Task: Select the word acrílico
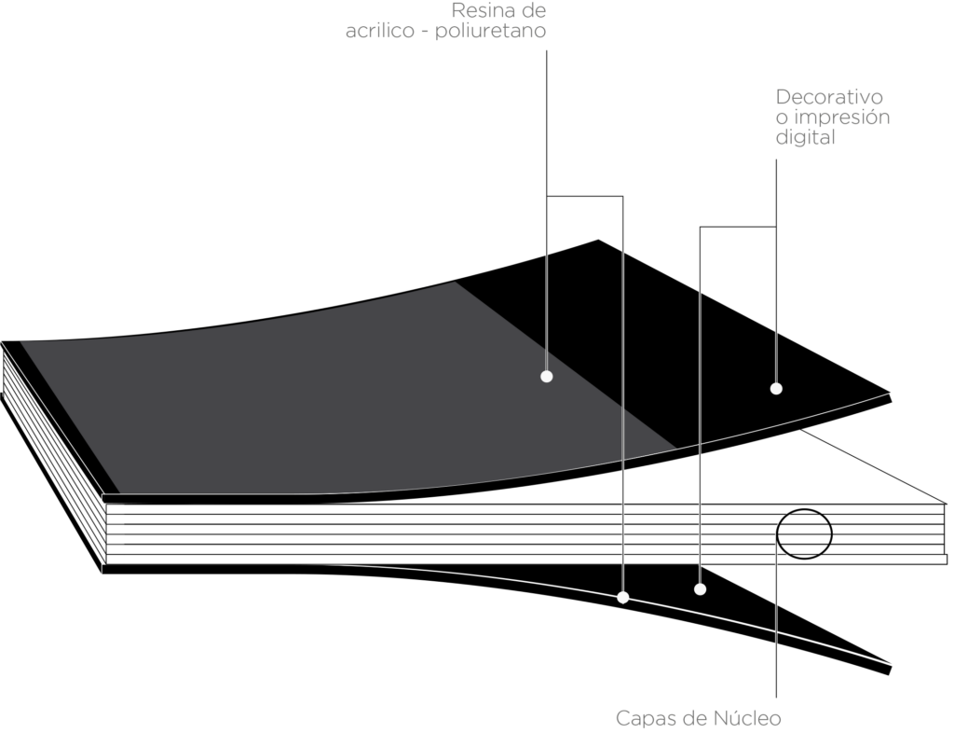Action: pos(375,32)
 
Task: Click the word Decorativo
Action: pos(829,98)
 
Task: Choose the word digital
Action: pos(805,138)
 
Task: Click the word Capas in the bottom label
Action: pos(643,719)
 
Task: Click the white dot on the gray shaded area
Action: pos(546,377)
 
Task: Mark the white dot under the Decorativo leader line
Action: pos(775,388)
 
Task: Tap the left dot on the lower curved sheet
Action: pos(623,596)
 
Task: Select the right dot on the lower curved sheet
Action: pos(700,589)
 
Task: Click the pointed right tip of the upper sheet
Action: pos(892,393)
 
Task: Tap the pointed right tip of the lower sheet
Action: pos(895,666)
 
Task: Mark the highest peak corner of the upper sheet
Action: pos(598,239)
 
